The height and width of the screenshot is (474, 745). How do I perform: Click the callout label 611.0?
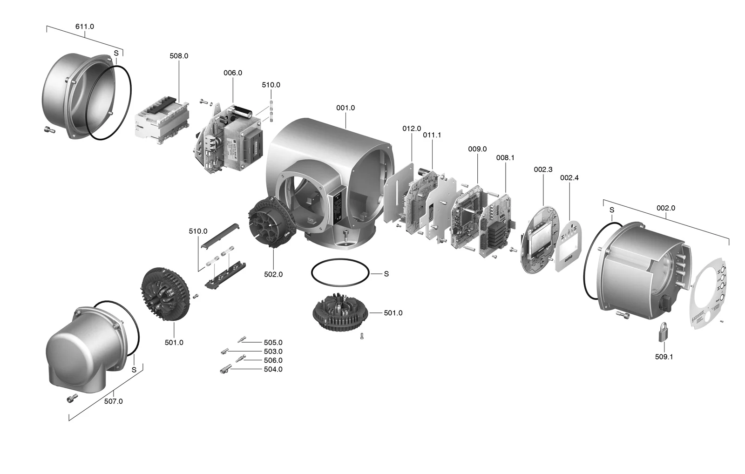pyautogui.click(x=84, y=27)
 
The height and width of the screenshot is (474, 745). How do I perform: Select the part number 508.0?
pyautogui.click(x=179, y=56)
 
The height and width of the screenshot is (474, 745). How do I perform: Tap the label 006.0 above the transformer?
pyautogui.click(x=233, y=73)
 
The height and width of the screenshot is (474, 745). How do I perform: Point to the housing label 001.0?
pyautogui.click(x=345, y=108)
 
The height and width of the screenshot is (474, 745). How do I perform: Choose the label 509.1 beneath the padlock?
pyautogui.click(x=664, y=357)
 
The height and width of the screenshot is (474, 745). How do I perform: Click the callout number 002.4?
pyautogui.click(x=569, y=178)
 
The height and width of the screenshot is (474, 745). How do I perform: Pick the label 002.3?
pyautogui.click(x=543, y=169)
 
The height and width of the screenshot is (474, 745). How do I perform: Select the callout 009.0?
pyautogui.click(x=477, y=149)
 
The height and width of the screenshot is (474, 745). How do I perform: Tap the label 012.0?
pyautogui.click(x=412, y=129)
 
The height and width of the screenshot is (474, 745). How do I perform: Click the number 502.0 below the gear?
pyautogui.click(x=273, y=275)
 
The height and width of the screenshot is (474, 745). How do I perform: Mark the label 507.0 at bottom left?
pyautogui.click(x=113, y=401)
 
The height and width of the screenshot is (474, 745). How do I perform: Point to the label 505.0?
pyautogui.click(x=273, y=343)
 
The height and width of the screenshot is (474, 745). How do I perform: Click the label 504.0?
pyautogui.click(x=273, y=369)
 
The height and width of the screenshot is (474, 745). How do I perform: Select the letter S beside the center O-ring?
pyautogui.click(x=386, y=274)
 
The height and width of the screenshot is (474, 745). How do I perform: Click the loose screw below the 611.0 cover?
pyautogui.click(x=48, y=129)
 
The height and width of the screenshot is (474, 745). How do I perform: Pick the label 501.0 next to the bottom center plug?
pyautogui.click(x=393, y=313)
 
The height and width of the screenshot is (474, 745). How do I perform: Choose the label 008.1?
pyautogui.click(x=505, y=158)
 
